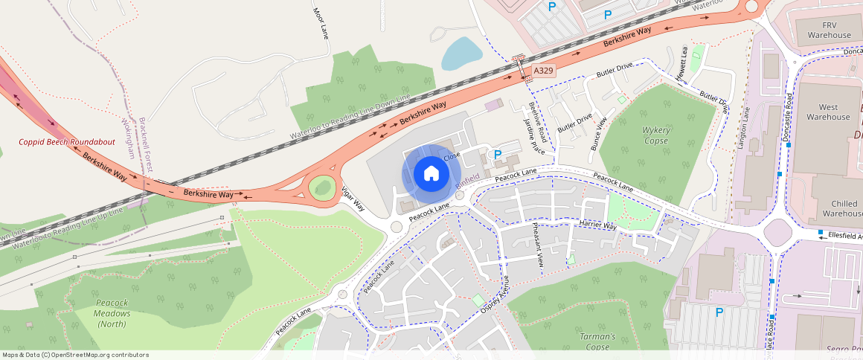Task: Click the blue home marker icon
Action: (x=430, y=174)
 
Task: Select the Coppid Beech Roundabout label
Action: (x=67, y=142)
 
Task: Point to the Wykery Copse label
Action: (x=656, y=135)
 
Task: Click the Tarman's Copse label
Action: (x=597, y=341)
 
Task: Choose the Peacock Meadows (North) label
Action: (x=112, y=308)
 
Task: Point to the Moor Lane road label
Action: (x=321, y=23)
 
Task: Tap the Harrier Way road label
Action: (x=598, y=225)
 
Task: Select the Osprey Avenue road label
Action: (x=495, y=298)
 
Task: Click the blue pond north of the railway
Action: (x=461, y=54)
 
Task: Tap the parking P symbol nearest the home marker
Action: (x=498, y=153)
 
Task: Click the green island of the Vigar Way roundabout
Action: (x=322, y=187)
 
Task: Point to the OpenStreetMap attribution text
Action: (x=75, y=355)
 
